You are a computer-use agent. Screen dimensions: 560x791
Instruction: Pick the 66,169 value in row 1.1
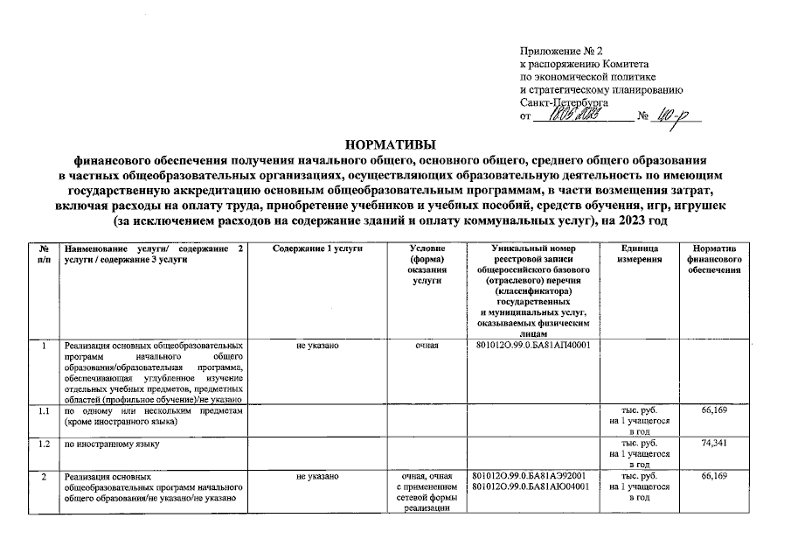[x=715, y=409]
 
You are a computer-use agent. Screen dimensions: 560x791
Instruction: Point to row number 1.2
[x=44, y=444]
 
